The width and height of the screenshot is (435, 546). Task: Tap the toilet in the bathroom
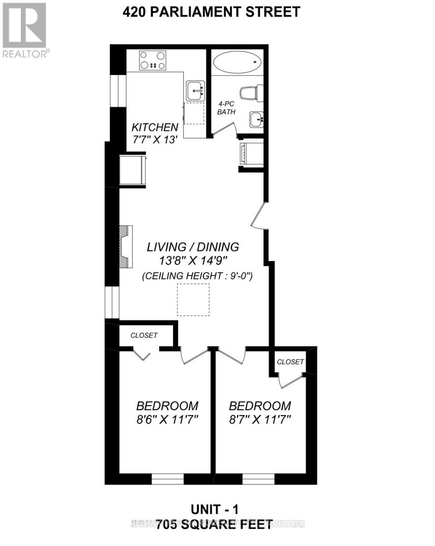tap(250, 94)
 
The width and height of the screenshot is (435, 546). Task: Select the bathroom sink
tap(257, 120)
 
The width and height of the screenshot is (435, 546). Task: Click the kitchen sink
tap(195, 91)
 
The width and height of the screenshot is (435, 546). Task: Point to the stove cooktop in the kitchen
tap(152, 60)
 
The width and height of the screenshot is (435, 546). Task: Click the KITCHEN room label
tap(155, 127)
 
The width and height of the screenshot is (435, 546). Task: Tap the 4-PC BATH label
tap(226, 108)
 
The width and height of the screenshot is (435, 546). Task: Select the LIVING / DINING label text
tap(192, 247)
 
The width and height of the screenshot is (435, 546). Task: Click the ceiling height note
tap(197, 276)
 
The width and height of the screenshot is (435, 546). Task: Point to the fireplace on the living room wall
tap(126, 248)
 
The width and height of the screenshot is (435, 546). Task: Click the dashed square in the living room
tap(193, 300)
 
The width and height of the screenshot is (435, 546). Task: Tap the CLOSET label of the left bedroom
tap(144, 335)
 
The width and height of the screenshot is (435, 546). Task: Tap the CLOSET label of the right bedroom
tap(290, 362)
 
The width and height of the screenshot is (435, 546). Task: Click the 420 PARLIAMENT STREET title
tap(211, 12)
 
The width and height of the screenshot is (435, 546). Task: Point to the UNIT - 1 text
tap(214, 508)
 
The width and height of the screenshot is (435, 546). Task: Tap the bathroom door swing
tap(223, 131)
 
